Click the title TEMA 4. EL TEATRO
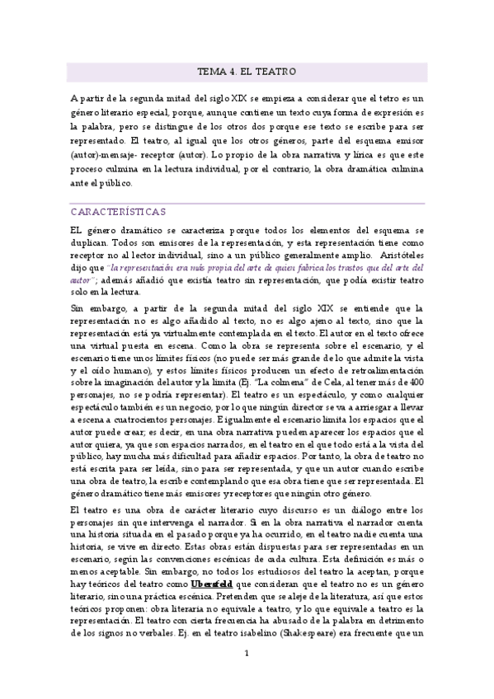247,72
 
